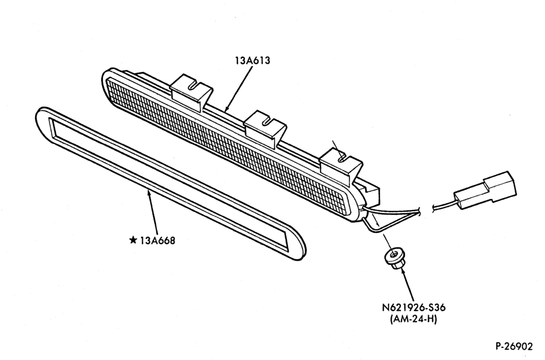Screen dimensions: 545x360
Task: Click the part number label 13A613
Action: [252, 61]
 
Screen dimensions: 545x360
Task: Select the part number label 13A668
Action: [158, 241]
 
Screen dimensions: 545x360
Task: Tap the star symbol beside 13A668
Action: [133, 240]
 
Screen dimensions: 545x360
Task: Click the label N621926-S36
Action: [414, 308]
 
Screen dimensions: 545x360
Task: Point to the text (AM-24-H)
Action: [413, 319]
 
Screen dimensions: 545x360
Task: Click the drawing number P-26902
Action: [514, 346]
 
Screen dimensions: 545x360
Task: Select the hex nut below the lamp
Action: [394, 258]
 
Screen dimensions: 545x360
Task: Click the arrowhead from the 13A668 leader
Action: [149, 193]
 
